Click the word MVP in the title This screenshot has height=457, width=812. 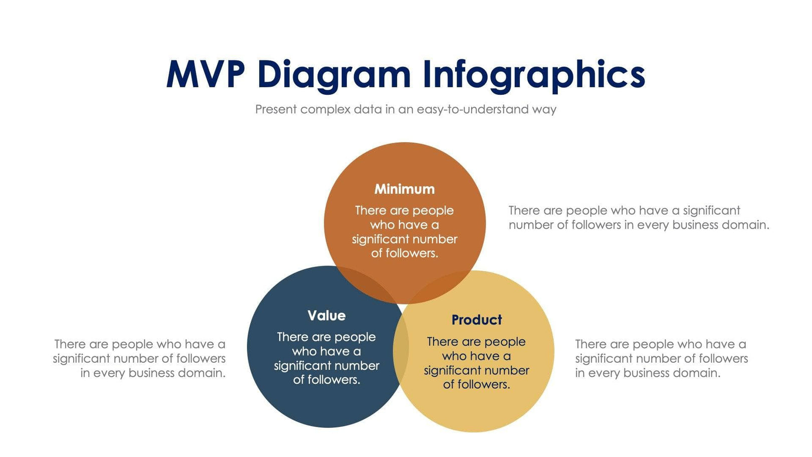[206, 75]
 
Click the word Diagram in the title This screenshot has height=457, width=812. [334, 75]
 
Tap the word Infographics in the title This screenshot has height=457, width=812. [533, 75]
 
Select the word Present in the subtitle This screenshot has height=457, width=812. [276, 109]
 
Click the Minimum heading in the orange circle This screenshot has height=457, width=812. [404, 189]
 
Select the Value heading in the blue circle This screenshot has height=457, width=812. [326, 316]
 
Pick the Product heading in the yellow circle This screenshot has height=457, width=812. [477, 320]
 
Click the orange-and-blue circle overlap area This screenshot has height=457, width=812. [366, 283]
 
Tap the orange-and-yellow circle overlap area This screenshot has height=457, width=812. [441, 286]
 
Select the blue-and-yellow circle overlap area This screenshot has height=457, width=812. [401, 346]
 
